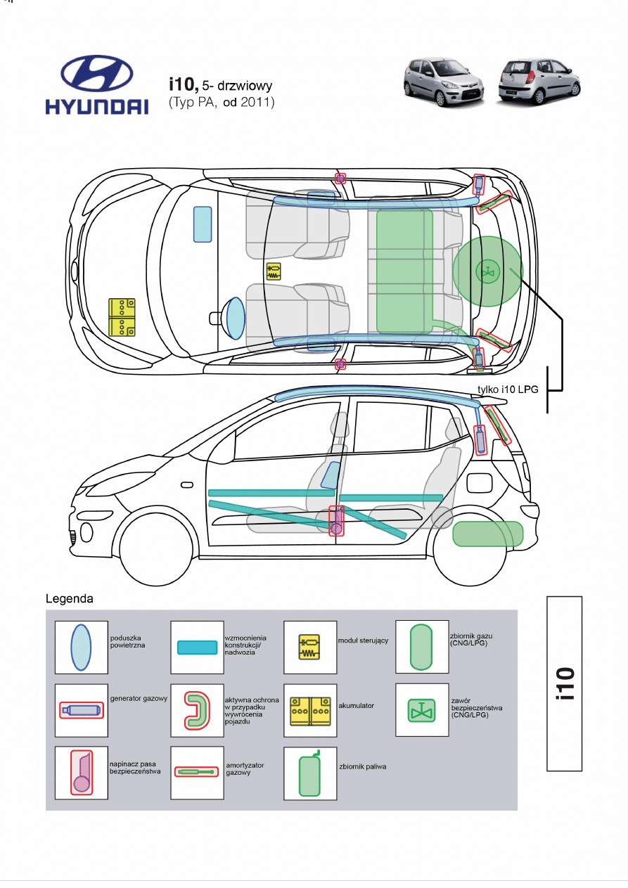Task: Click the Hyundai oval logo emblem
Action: [x=97, y=74]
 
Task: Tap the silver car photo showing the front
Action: [x=443, y=82]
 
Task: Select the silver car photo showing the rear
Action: [x=539, y=82]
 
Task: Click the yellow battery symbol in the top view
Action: [x=122, y=317]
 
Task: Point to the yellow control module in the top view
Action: [x=274, y=271]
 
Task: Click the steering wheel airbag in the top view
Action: [x=236, y=318]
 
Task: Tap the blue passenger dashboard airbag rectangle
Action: [x=203, y=224]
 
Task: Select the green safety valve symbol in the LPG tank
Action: [x=487, y=271]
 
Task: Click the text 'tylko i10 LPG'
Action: [x=508, y=390]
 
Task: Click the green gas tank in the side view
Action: [x=487, y=534]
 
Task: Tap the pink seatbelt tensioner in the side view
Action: [x=336, y=520]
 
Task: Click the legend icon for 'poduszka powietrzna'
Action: [x=81, y=648]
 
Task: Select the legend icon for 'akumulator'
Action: [x=310, y=712]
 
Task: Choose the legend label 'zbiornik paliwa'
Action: [x=362, y=766]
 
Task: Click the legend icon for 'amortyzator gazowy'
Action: [x=196, y=771]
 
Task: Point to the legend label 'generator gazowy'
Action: [x=139, y=699]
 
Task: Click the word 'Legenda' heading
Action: [x=70, y=598]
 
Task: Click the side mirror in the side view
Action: [x=187, y=485]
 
